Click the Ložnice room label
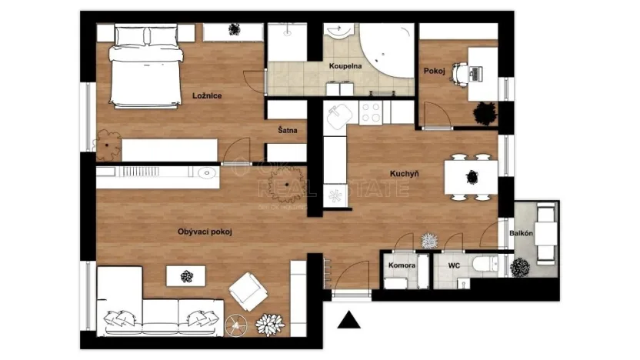pos(207,95)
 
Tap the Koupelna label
pos(345,67)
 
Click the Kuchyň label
pos(404,175)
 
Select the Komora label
pos(402,265)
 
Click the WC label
pos(454,265)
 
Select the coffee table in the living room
pos(187,276)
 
